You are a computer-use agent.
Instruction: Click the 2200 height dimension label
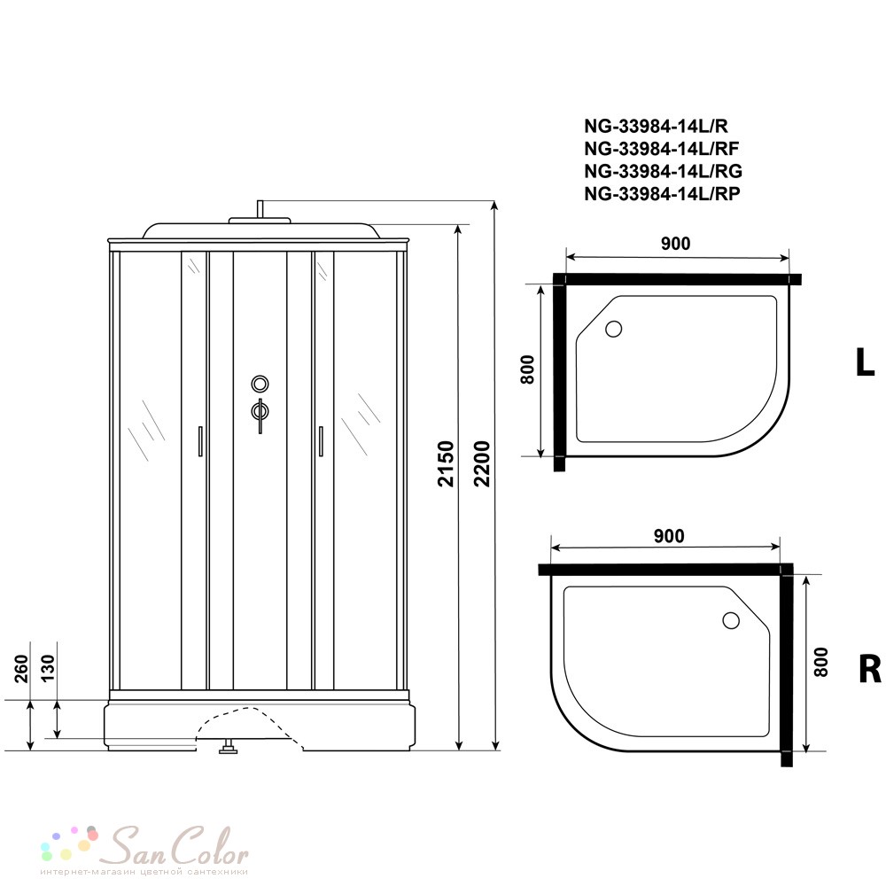(x=482, y=464)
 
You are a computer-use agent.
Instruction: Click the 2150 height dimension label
(x=447, y=464)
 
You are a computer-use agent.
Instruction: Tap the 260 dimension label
(x=21, y=668)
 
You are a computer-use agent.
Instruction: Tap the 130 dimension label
(x=49, y=668)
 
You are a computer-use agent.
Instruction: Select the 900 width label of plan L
(x=675, y=244)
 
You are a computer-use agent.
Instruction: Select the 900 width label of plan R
(x=669, y=536)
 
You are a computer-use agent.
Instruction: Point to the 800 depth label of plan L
(x=527, y=369)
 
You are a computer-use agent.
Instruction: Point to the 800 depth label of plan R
(x=820, y=662)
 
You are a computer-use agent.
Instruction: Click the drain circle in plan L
(x=614, y=329)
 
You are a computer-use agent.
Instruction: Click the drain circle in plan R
(x=731, y=620)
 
